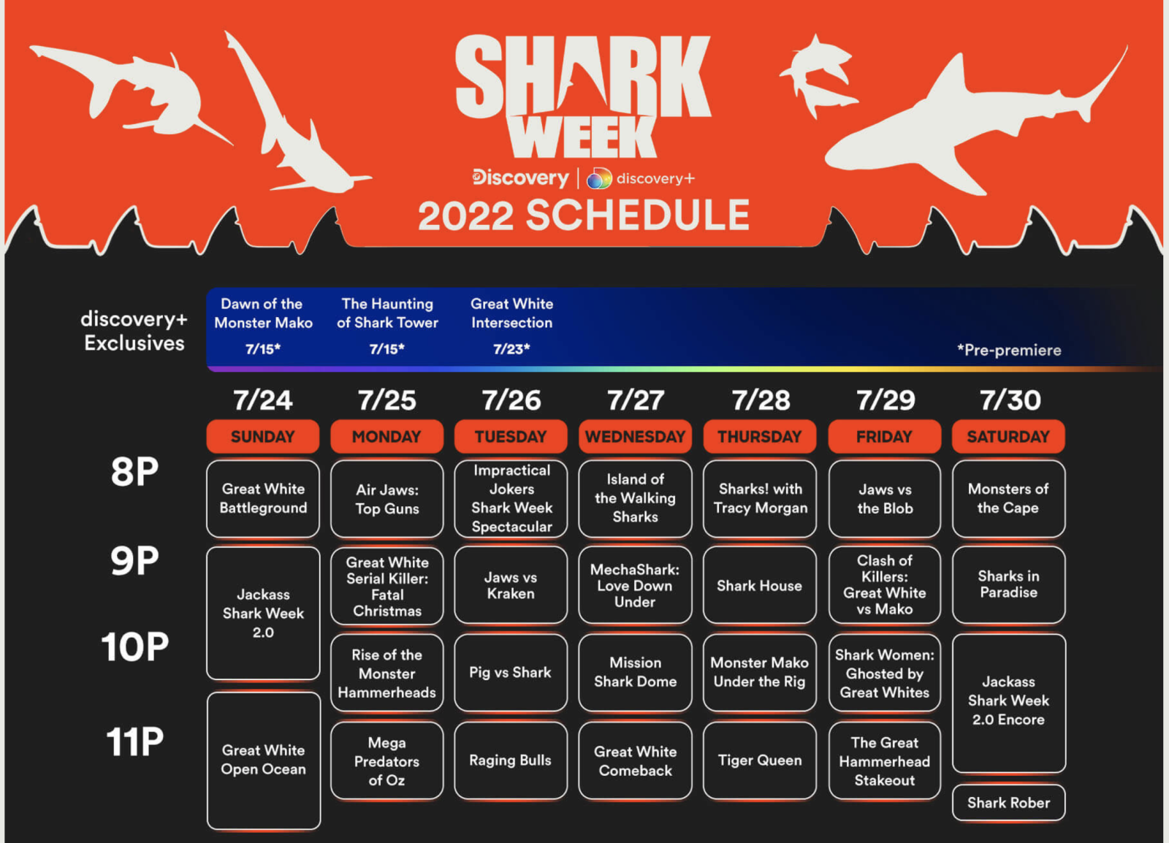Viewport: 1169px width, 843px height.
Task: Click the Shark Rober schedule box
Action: pos(1008,802)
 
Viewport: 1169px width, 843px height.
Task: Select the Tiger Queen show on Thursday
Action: pos(759,760)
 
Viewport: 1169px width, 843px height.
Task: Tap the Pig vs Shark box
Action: pos(511,672)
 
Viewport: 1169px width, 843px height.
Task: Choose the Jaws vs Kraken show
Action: pos(511,585)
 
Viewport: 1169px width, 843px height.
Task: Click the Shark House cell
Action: pos(759,585)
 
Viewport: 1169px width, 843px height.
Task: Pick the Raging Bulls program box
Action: pos(511,760)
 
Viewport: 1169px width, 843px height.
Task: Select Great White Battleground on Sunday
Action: pos(263,499)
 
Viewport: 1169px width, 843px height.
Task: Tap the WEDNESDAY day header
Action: pos(635,436)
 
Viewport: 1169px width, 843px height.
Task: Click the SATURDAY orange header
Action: pos(1008,436)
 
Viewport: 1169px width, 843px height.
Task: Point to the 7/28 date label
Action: pos(761,400)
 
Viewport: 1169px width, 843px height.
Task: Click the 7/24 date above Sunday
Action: pos(263,400)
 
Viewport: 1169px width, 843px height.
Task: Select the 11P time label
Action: pos(134,741)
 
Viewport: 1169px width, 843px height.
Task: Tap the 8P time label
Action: pos(134,472)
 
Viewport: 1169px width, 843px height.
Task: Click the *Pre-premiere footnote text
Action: pos(1009,349)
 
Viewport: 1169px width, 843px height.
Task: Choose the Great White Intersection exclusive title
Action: pos(511,313)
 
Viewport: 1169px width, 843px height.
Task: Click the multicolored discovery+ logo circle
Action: pos(599,178)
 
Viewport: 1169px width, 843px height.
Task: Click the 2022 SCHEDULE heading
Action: pos(584,215)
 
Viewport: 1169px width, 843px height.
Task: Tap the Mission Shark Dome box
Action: pos(635,672)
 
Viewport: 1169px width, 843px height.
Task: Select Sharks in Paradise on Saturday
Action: pos(1008,585)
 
